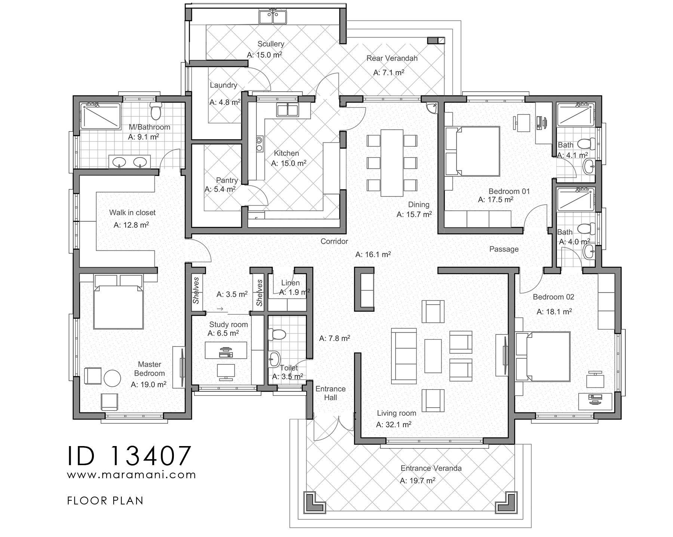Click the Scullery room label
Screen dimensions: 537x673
(x=271, y=44)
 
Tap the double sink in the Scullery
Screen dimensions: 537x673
(x=273, y=17)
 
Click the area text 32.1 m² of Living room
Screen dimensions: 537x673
(x=394, y=424)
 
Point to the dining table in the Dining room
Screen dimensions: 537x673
(x=392, y=162)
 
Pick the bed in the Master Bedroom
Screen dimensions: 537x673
(x=118, y=302)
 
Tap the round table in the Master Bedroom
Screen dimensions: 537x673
(x=112, y=378)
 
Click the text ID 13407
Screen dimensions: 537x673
(x=130, y=455)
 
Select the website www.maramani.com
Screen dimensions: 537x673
(x=131, y=475)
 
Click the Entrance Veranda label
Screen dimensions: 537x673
(x=431, y=468)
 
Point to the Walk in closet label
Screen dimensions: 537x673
(x=132, y=213)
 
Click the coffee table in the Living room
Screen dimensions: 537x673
(x=433, y=356)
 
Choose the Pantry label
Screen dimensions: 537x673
(x=227, y=180)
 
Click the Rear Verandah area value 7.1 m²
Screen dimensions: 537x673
(x=389, y=72)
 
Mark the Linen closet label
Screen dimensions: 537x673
(x=290, y=283)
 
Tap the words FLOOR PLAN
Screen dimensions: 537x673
(x=105, y=501)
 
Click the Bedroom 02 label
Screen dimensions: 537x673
(x=553, y=297)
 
